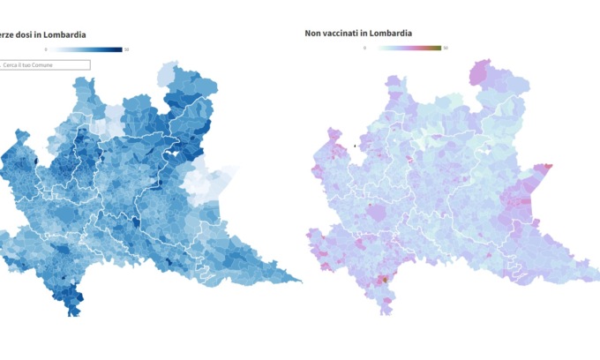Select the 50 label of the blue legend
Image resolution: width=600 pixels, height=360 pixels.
[127, 49]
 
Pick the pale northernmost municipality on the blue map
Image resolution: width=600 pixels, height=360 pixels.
[169, 69]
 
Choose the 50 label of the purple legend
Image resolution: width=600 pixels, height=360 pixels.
[446, 48]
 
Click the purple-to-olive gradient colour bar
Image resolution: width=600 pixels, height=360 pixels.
[406, 48]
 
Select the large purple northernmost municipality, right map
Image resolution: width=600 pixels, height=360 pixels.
[481, 71]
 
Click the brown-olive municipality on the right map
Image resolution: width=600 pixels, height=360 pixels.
[384, 280]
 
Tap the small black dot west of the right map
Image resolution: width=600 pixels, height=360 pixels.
[354, 146]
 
